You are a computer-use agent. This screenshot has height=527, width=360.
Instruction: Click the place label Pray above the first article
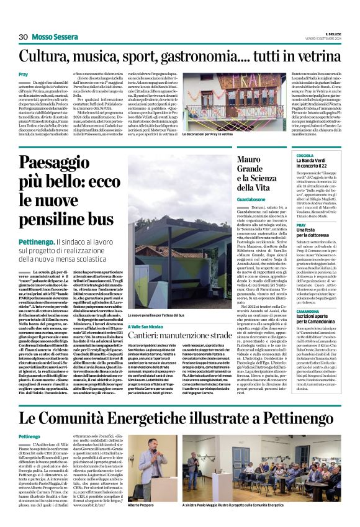24,74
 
